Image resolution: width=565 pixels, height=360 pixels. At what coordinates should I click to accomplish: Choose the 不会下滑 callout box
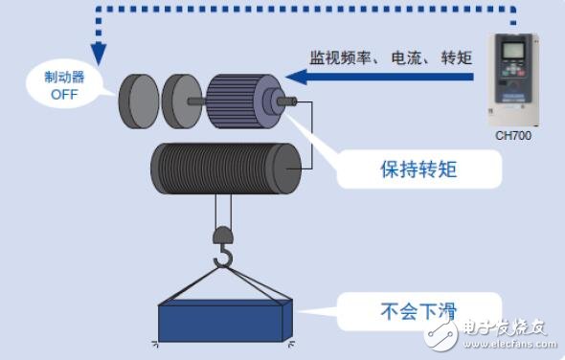[x=418, y=309]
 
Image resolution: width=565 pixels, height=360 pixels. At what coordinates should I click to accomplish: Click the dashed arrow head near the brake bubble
[x=94, y=56]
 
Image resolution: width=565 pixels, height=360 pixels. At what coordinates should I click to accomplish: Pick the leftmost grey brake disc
[x=138, y=100]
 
